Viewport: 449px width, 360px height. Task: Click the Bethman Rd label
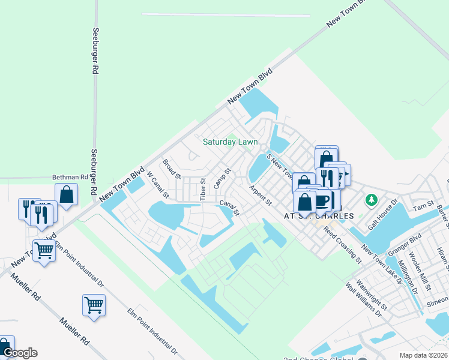point(70,178)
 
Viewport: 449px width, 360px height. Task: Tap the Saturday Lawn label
point(230,142)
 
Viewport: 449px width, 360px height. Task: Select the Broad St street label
point(172,169)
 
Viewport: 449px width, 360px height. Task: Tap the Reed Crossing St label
point(342,245)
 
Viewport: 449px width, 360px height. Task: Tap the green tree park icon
point(372,199)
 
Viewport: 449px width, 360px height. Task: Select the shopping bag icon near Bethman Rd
point(66,194)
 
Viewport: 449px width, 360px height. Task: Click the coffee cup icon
point(322,199)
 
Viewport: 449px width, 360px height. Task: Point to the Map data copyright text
point(423,355)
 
